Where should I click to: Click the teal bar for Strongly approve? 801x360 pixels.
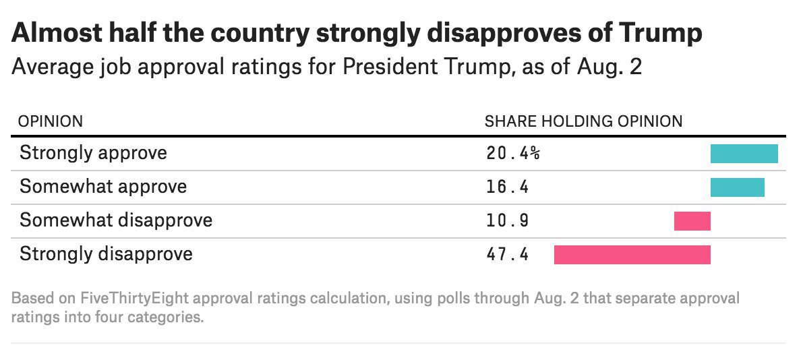744,154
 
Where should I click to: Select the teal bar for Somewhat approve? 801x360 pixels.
737,187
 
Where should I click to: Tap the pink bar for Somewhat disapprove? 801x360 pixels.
692,221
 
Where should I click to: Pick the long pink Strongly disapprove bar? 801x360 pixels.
632,254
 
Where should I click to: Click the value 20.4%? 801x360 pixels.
512,153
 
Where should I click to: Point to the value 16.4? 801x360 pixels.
507,187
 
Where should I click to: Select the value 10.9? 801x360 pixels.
507,220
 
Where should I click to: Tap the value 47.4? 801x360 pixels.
507,254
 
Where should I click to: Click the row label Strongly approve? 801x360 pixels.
93,153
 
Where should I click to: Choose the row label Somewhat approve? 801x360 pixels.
102,187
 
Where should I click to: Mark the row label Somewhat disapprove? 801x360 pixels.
115,220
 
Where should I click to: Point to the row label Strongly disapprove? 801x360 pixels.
106,254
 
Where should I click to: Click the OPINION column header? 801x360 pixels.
51,121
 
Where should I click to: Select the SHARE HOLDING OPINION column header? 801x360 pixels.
583,121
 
